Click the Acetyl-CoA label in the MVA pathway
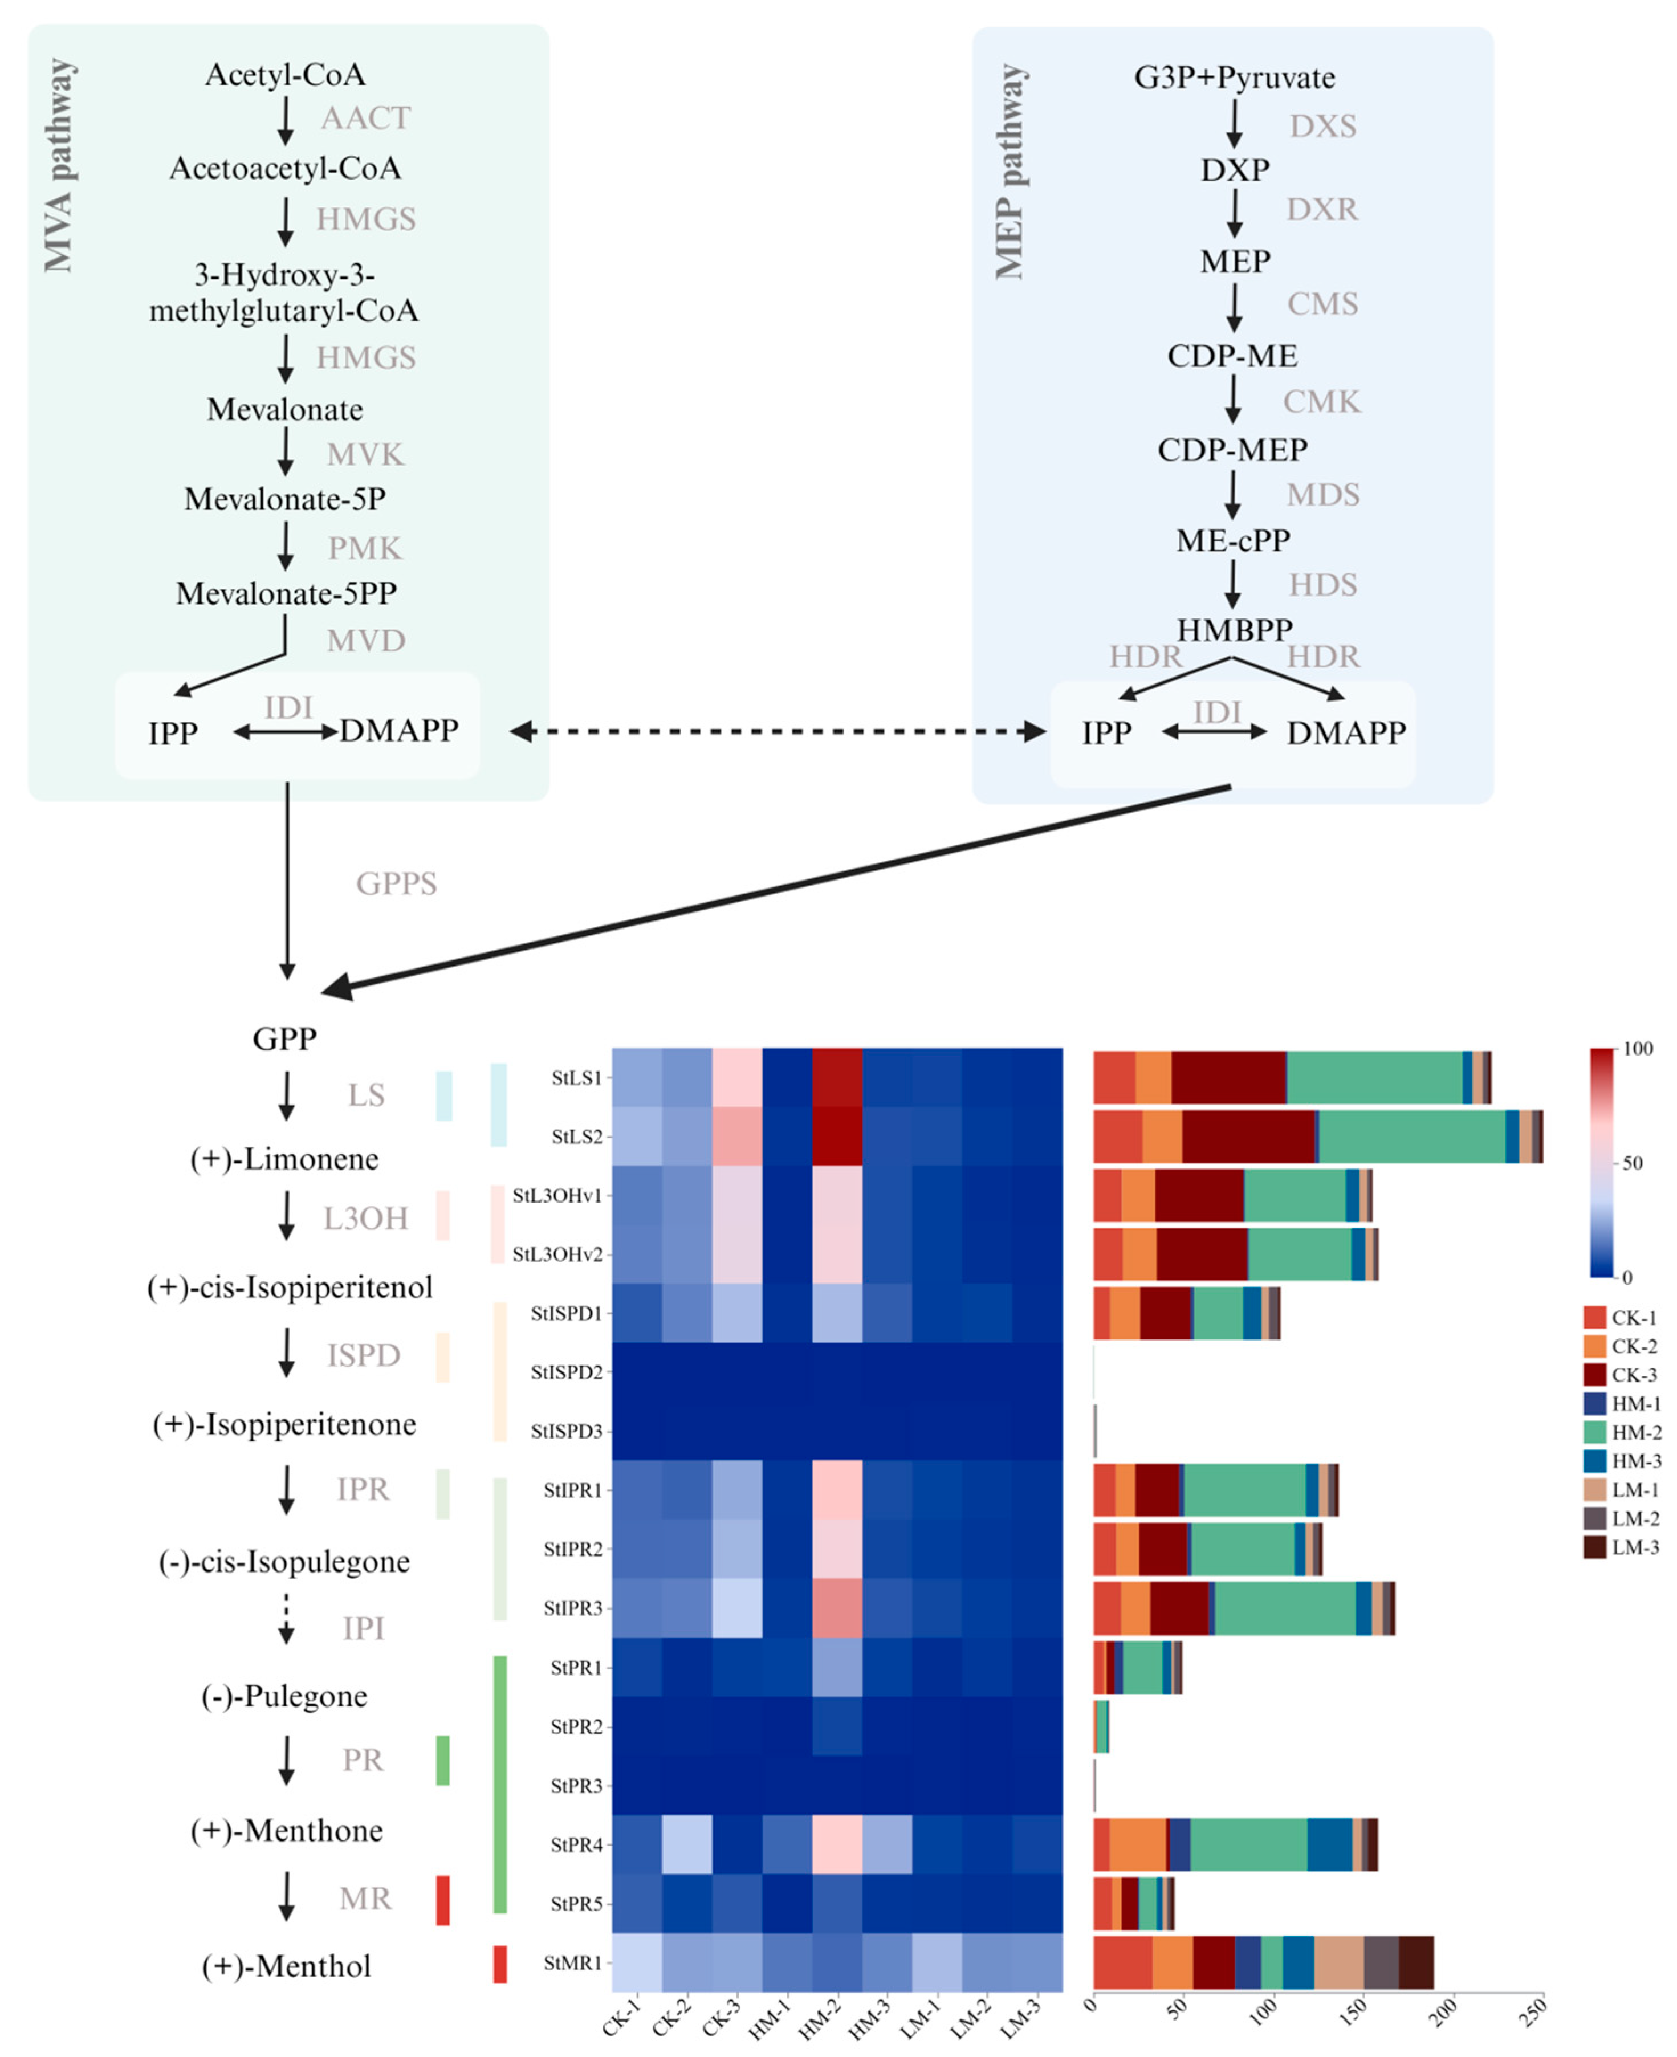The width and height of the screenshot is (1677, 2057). (x=285, y=75)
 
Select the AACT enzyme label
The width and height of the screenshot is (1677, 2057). (x=365, y=118)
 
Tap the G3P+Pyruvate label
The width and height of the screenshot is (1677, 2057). (x=1235, y=78)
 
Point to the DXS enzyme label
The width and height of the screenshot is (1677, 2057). (x=1322, y=127)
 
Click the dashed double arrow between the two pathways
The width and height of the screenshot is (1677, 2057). (x=778, y=732)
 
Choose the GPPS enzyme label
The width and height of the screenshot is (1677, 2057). (x=396, y=883)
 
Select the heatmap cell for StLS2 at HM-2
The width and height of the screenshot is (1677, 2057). (x=837, y=1136)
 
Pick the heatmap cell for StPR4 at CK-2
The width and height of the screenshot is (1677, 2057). (x=687, y=1844)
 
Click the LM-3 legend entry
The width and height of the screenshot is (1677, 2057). (x=1634, y=1547)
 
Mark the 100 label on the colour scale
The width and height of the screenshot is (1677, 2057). (x=1638, y=1049)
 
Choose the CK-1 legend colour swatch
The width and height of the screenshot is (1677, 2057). (x=1594, y=1317)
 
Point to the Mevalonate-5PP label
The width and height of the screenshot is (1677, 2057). (x=286, y=593)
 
